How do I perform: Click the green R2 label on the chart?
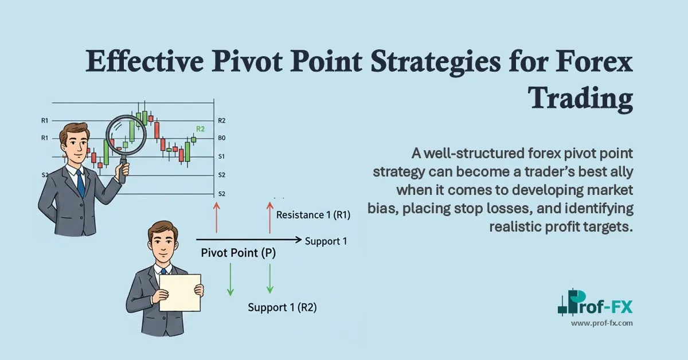(x=201, y=130)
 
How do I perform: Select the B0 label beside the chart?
(x=222, y=138)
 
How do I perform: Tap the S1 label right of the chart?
(x=222, y=156)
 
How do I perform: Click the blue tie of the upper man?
(x=80, y=182)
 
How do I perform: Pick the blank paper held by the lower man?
(x=179, y=292)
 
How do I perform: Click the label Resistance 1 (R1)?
(x=313, y=216)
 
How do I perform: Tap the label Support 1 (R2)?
(x=282, y=307)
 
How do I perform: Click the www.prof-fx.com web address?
(x=601, y=324)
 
